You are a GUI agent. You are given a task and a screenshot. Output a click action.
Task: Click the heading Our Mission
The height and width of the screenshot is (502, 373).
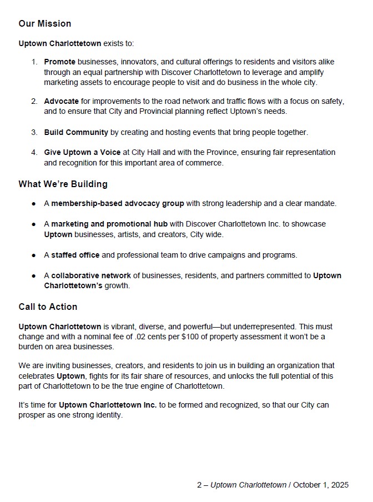[x=45, y=24]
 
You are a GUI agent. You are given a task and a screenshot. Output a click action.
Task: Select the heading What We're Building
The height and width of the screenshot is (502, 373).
[x=63, y=184]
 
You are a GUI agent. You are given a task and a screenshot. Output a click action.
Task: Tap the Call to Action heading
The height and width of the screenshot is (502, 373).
[x=48, y=307]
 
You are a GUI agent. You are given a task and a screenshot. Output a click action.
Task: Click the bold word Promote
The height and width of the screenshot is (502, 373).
[x=60, y=62]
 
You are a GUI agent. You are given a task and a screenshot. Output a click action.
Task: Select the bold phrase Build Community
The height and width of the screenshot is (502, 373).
[x=76, y=133]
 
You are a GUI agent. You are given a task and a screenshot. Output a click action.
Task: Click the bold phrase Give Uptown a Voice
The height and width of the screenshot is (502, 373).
[x=82, y=152]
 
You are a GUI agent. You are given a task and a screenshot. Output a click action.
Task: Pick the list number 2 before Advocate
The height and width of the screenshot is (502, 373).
[x=33, y=102]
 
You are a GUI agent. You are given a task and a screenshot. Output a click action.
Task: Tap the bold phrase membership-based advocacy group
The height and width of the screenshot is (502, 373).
[x=118, y=204]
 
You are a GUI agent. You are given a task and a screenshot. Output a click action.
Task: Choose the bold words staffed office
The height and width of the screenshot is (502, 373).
[x=75, y=255]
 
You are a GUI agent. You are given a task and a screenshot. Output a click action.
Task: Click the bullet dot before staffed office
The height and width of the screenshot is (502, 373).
[x=34, y=255]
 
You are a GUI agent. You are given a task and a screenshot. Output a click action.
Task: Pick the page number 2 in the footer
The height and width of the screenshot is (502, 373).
[x=199, y=485]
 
